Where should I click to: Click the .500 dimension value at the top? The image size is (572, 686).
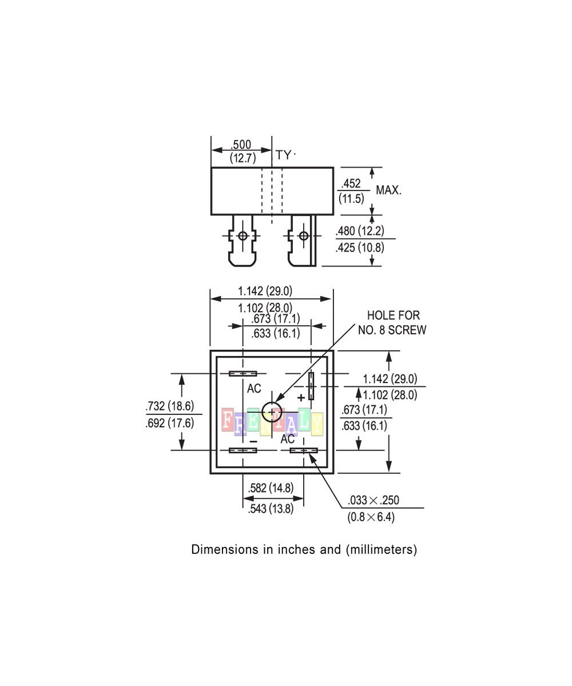click(242, 145)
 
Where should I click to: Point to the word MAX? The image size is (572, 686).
click(388, 190)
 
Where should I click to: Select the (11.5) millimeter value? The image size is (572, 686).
click(351, 198)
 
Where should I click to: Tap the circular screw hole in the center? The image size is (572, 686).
click(272, 412)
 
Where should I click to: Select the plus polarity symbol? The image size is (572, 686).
click(301, 397)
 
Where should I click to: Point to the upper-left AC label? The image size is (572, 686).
click(254, 389)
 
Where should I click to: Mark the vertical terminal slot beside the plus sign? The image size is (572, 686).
click(311, 385)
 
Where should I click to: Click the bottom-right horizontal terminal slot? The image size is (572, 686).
click(303, 450)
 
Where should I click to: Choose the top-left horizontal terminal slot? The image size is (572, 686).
click(243, 374)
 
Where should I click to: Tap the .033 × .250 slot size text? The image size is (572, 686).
click(373, 501)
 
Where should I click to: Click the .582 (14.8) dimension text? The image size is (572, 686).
click(271, 488)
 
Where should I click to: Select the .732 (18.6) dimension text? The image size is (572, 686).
click(170, 406)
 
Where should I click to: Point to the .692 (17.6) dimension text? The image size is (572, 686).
click(170, 423)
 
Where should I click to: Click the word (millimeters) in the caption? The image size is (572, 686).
click(381, 550)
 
